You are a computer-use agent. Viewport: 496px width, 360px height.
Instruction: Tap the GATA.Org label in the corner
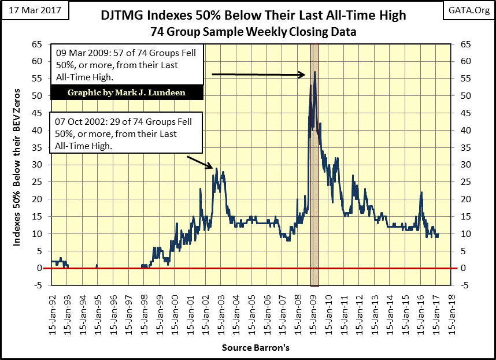(469, 10)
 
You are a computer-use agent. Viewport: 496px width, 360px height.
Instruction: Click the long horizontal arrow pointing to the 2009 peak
(258, 74)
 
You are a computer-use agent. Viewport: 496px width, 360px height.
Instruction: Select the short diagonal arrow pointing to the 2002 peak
(201, 162)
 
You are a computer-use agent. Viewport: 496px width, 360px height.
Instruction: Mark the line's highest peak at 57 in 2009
(315, 72)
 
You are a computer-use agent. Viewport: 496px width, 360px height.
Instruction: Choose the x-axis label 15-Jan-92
(52, 315)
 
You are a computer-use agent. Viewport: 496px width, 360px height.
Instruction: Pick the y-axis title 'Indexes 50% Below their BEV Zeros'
(17, 168)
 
